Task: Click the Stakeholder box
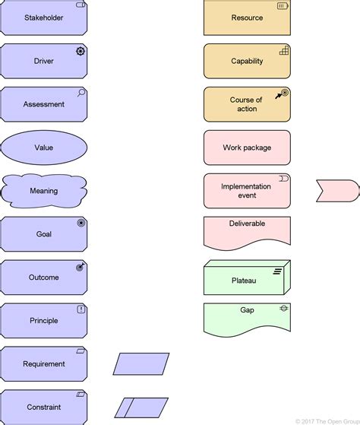[43, 18]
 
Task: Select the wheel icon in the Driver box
[80, 51]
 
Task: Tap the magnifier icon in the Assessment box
[81, 94]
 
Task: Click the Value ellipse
[43, 147]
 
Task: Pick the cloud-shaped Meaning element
[43, 191]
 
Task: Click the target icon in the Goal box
[81, 224]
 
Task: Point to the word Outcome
[43, 278]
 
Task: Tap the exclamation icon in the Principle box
[81, 309]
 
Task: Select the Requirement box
[43, 363]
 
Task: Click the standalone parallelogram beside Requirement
[141, 363]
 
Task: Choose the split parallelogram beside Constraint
[141, 408]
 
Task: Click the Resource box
[247, 18]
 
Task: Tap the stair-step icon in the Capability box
[284, 51]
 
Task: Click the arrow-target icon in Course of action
[283, 94]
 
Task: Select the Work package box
[247, 147]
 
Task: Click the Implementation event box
[247, 191]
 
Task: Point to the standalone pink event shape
[337, 191]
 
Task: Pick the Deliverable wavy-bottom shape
[247, 232]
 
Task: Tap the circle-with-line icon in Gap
[283, 309]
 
